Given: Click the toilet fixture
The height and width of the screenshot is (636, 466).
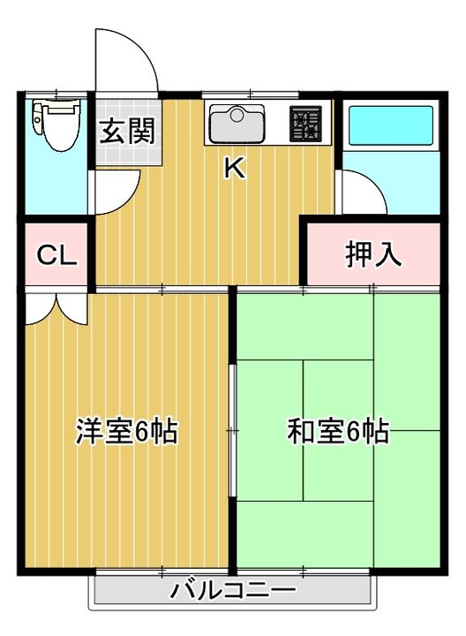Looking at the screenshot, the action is (x=56, y=125).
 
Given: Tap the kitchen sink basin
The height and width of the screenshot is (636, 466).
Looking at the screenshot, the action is (x=237, y=124).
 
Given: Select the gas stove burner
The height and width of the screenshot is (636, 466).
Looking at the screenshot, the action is (x=305, y=124).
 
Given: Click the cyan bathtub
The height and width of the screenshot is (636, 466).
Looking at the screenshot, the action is (x=391, y=125).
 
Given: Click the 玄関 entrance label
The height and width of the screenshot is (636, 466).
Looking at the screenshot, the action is (x=127, y=131).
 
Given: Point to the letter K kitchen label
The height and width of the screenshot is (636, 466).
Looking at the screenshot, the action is (x=235, y=168).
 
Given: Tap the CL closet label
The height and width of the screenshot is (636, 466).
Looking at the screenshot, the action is (x=56, y=255).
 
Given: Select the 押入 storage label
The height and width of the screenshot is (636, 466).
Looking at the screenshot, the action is (x=373, y=254).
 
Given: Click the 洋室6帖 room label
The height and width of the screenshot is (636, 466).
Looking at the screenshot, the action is (x=127, y=431).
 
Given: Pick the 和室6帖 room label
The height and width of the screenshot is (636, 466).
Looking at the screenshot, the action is (x=338, y=431).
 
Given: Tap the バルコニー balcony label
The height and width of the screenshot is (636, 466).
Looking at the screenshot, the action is (x=233, y=590).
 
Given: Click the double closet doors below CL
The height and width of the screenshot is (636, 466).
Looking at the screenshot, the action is (x=56, y=309).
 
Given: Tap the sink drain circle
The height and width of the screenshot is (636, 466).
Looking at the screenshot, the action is (x=237, y=114).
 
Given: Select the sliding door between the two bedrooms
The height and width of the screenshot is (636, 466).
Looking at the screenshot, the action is (x=232, y=431).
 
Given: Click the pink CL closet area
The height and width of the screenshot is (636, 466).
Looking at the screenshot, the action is (x=56, y=254).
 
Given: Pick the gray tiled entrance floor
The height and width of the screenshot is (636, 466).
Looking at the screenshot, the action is (x=129, y=132).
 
